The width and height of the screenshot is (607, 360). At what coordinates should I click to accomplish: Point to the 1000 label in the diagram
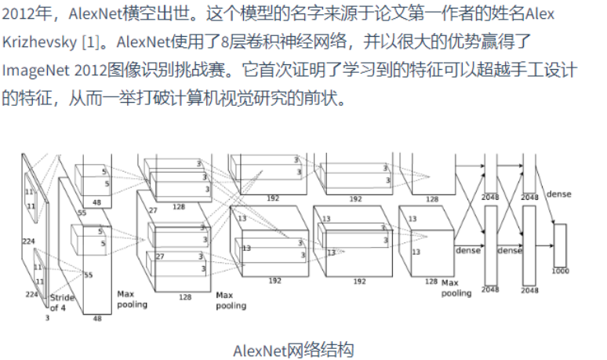tap(559, 271)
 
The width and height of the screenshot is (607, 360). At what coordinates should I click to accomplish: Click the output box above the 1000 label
tap(559, 245)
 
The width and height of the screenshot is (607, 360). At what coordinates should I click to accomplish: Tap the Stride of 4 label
tap(62, 303)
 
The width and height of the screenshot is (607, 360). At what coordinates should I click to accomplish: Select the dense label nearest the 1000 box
tap(558, 194)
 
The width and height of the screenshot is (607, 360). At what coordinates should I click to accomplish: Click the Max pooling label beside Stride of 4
tap(131, 300)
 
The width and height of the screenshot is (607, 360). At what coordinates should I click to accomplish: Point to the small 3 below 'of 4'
tap(46, 318)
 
